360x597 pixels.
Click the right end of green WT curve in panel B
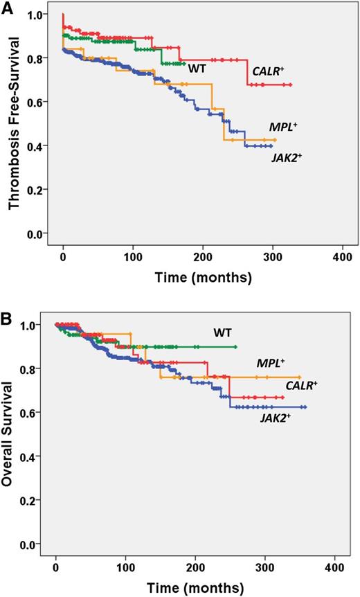tap(236, 347)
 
